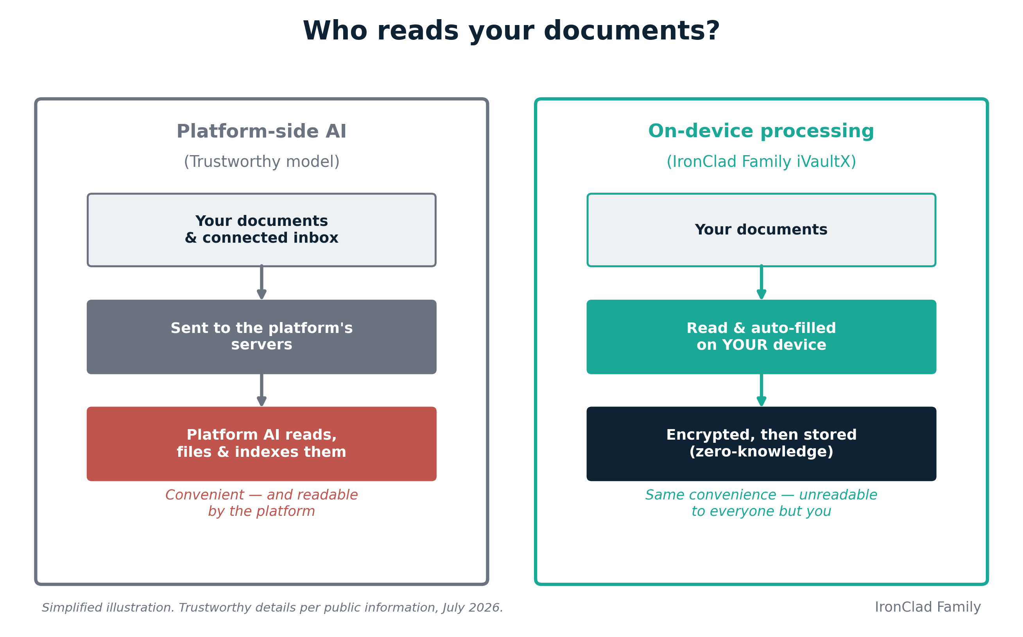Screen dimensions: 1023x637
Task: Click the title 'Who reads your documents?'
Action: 511,32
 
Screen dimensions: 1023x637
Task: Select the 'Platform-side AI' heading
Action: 261,131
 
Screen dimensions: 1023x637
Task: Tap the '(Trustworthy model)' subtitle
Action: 261,162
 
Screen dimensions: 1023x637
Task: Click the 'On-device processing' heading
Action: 761,131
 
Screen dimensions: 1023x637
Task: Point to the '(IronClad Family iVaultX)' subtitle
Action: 761,162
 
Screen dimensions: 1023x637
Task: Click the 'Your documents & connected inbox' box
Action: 261,230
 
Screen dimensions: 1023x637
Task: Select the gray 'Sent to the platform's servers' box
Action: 261,336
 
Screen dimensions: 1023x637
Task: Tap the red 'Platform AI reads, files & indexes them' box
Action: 261,444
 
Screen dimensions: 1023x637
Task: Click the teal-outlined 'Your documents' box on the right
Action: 761,230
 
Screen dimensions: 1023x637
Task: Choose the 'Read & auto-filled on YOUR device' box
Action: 761,336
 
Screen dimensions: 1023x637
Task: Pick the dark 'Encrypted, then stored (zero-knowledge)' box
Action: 761,444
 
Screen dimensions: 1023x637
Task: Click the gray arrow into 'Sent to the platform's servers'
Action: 261,283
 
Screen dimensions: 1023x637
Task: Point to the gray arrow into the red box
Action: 261,390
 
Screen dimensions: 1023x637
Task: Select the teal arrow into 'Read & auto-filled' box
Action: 761,283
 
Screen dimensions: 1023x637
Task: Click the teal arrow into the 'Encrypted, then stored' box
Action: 761,390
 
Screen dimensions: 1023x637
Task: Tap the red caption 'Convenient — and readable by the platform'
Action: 261,503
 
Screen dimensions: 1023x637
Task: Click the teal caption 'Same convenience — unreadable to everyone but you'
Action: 761,503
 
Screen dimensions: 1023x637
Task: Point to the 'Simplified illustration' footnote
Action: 272,608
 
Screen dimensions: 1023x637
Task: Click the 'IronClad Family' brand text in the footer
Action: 928,607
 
